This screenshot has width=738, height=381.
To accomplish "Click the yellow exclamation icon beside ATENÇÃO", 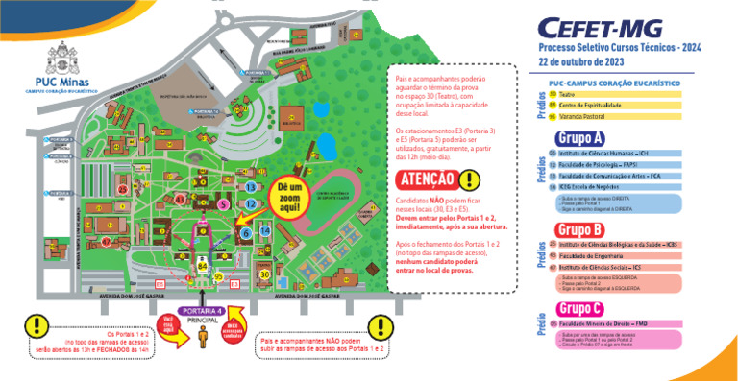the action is [x=469, y=179].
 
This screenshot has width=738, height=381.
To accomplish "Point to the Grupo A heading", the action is [x=579, y=138].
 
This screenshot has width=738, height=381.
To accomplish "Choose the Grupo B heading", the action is [x=579, y=229].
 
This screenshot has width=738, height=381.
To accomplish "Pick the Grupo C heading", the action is [x=579, y=309].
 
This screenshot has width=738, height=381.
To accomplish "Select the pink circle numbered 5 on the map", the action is [x=223, y=204].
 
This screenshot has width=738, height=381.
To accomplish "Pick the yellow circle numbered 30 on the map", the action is [x=265, y=274].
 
